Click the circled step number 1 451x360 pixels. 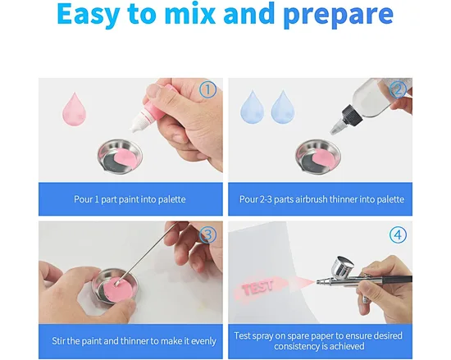pos(207,89)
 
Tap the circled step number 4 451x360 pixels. pos(398,235)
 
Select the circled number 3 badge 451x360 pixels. pos(207,235)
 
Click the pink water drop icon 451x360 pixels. pos(74,109)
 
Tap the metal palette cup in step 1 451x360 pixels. pos(120,157)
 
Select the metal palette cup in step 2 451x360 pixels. pos(318,157)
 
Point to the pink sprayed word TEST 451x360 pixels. pos(257,287)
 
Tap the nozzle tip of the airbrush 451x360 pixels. pos(317,282)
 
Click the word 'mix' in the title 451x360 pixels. pos(190,14)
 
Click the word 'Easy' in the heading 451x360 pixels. pos(88,15)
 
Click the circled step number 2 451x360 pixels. pos(398,89)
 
